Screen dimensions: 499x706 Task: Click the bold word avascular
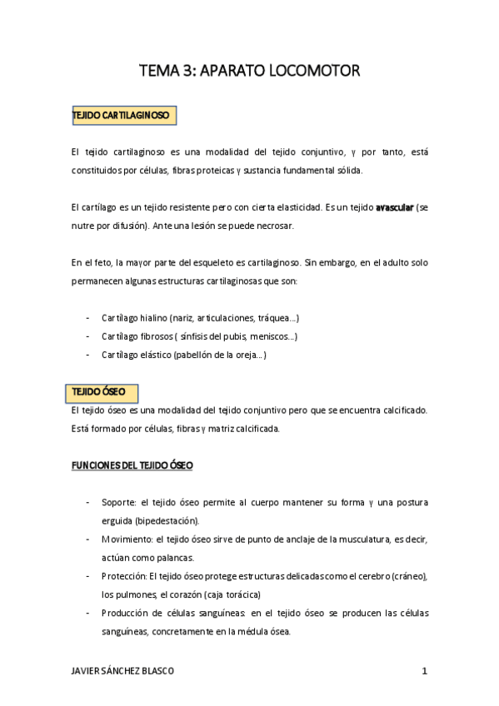point(393,206)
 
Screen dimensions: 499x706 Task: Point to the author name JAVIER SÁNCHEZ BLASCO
point(124,671)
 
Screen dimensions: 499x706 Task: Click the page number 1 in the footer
point(424,671)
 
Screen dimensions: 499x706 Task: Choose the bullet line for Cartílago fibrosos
point(199,336)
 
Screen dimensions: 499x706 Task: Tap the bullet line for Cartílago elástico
point(183,355)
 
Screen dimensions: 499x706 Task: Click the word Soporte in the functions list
point(119,502)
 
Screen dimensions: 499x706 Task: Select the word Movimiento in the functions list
point(127,539)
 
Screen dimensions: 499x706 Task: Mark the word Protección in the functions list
point(125,575)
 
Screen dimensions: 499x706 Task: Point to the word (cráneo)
point(405,575)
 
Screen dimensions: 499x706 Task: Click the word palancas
point(172,557)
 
